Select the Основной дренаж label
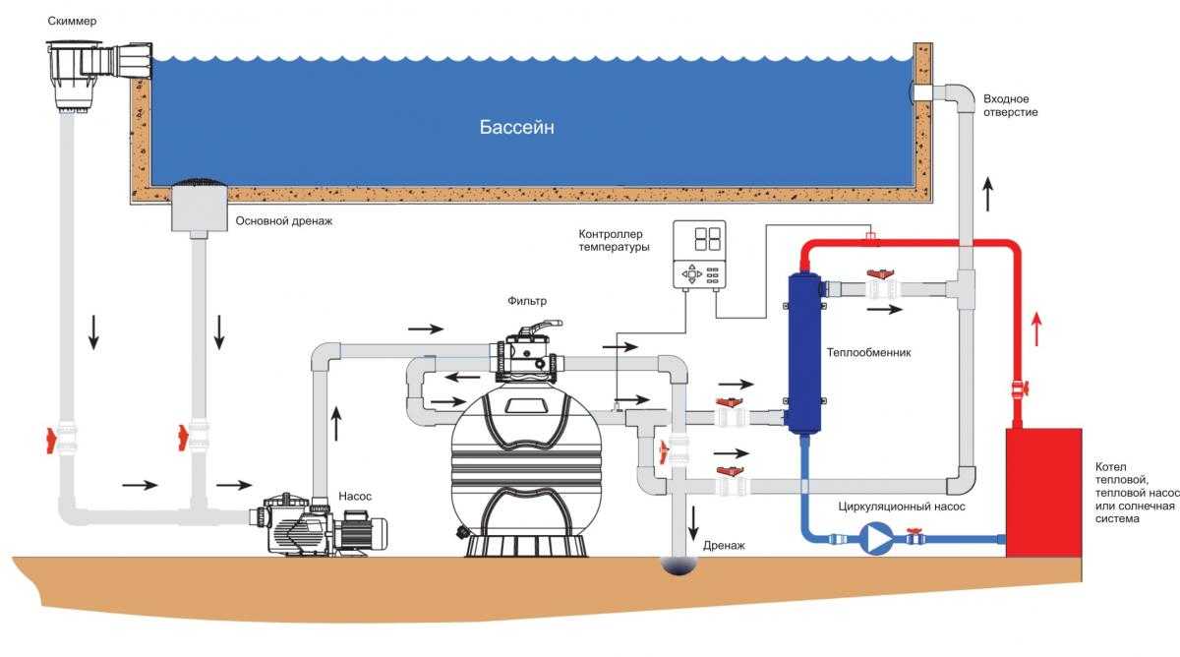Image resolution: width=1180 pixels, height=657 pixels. coord(284,221)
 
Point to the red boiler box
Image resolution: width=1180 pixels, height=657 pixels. coord(1043,493)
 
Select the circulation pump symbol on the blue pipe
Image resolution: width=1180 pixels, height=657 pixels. coord(872,539)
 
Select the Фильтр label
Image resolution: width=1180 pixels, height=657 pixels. coord(527,301)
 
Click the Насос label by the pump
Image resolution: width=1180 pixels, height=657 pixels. coord(355,497)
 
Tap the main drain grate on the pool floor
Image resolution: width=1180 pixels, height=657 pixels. coord(201,184)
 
